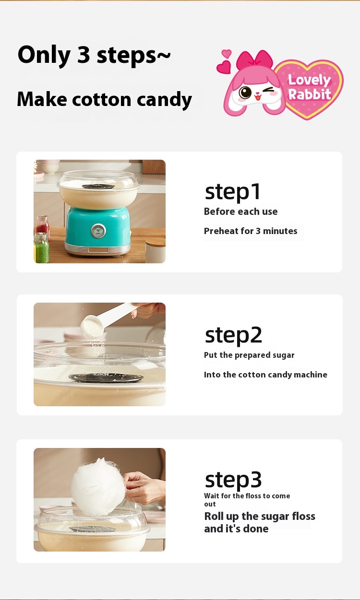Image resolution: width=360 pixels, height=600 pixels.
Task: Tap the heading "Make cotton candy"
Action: (x=104, y=100)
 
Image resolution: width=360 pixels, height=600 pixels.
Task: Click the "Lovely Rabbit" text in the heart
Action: (x=309, y=87)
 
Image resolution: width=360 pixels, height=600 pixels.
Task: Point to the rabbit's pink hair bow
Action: (x=254, y=60)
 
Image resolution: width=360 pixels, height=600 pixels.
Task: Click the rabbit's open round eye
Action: (x=245, y=93)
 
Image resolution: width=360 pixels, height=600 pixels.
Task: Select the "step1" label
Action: (x=232, y=192)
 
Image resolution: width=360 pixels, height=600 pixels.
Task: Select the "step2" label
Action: (x=233, y=335)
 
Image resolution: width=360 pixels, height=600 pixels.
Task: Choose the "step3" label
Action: (x=233, y=480)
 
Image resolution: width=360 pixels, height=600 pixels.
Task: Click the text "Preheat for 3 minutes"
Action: (x=251, y=231)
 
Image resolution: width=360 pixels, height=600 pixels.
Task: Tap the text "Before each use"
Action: (x=240, y=212)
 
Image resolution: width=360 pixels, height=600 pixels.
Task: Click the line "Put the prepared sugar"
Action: (x=249, y=355)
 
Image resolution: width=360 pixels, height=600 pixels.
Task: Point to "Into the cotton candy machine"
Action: (x=265, y=375)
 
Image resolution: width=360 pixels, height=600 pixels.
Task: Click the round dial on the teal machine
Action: (x=98, y=231)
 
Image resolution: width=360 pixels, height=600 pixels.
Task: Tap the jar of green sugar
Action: (x=41, y=248)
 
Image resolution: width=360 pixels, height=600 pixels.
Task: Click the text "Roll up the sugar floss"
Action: (x=260, y=516)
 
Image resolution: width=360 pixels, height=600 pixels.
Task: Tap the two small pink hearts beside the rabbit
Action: (x=224, y=61)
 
